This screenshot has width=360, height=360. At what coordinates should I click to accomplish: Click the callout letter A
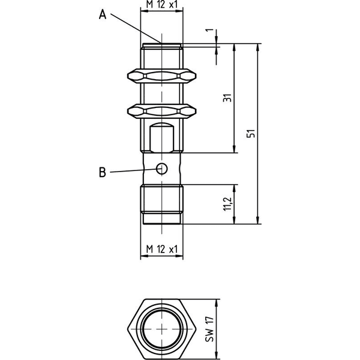pyautogui.click(x=103, y=14)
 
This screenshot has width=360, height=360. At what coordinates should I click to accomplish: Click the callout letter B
pyautogui.click(x=103, y=172)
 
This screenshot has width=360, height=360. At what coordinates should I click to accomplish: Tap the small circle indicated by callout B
pyautogui.click(x=161, y=169)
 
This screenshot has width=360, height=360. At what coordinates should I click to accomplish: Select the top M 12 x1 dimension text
pyautogui.click(x=162, y=5)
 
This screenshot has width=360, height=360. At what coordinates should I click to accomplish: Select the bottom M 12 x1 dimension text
pyautogui.click(x=162, y=249)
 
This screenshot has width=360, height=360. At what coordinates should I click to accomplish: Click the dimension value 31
pyautogui.click(x=227, y=98)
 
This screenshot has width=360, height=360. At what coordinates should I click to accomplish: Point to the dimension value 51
pyautogui.click(x=251, y=133)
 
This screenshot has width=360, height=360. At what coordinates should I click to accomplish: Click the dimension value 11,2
pyautogui.click(x=228, y=204)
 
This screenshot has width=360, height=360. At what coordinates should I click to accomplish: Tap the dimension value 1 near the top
pyautogui.click(x=209, y=31)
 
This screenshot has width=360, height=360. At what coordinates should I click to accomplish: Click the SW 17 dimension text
pyautogui.click(x=209, y=329)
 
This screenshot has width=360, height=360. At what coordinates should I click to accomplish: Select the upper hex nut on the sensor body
pyautogui.click(x=161, y=76)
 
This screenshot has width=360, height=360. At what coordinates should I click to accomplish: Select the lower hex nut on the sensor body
pyautogui.click(x=161, y=111)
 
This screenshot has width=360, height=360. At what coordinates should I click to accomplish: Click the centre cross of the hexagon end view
pyautogui.click(x=162, y=329)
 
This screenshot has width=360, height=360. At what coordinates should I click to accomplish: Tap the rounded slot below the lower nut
pyautogui.click(x=161, y=138)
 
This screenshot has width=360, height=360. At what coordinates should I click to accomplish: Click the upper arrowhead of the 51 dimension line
pyautogui.click(x=258, y=47)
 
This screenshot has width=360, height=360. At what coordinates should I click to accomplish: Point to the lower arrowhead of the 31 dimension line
pyautogui.click(x=234, y=149)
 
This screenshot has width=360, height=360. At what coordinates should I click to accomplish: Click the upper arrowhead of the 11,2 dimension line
pyautogui.click(x=234, y=188)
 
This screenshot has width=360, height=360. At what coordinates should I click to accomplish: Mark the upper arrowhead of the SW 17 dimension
pyautogui.click(x=216, y=303)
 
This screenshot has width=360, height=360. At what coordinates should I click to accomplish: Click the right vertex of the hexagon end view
pyautogui.click(x=197, y=329)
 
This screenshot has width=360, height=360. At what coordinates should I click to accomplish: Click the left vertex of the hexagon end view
pyautogui.click(x=127, y=329)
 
